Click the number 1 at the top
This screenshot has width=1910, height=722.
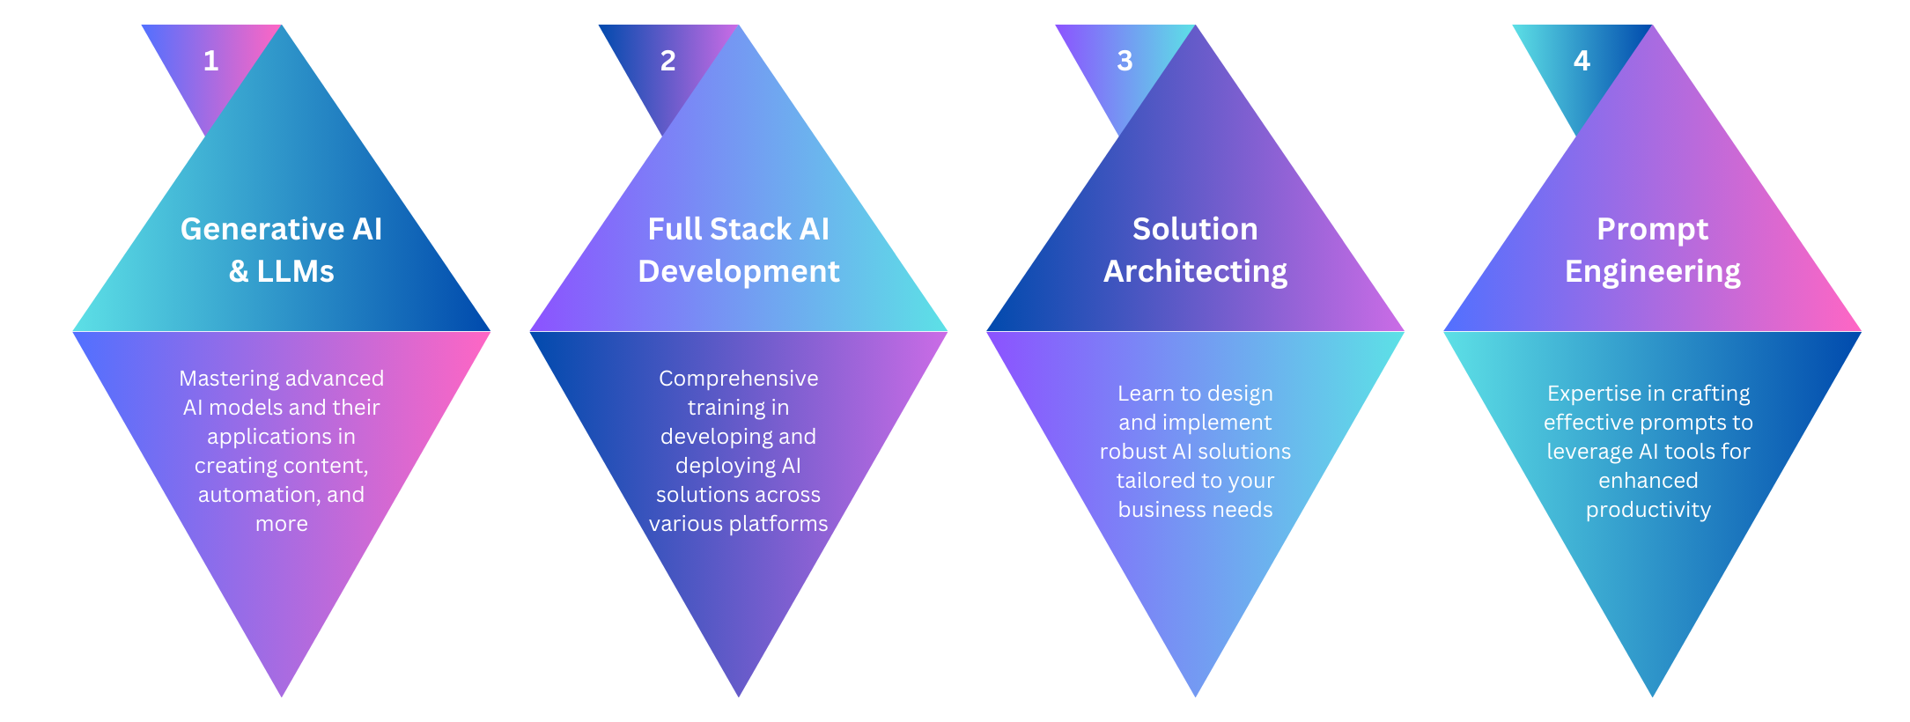coord(210,61)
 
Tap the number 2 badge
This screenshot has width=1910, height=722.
coord(667,61)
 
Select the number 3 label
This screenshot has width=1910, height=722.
coord(1125,61)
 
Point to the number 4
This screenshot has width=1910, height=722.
coord(1582,61)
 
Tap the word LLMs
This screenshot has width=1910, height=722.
coord(295,271)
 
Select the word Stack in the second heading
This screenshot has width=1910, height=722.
coord(750,229)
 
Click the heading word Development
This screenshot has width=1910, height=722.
coord(738,271)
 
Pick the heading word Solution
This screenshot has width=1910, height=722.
coord(1195,229)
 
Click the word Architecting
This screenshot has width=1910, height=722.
coord(1195,271)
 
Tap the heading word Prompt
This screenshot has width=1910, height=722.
coord(1652,229)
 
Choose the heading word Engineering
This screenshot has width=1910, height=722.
coord(1652,271)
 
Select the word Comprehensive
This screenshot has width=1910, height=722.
coord(738,379)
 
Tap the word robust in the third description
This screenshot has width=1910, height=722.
coord(1132,452)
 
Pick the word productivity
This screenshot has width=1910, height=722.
coord(1648,510)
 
